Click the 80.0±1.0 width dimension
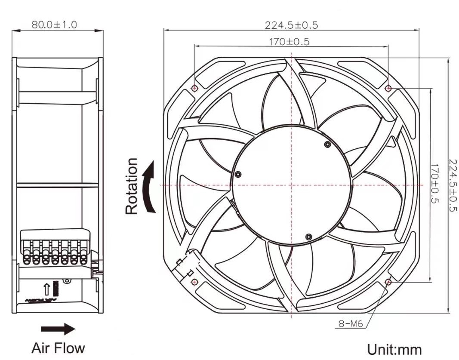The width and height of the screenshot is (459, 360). (54, 25)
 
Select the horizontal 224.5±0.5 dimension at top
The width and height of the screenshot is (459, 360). (291, 25)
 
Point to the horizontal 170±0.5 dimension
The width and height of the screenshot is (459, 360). (289, 42)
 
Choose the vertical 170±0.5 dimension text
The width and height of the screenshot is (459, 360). (435, 184)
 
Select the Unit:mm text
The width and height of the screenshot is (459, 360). (394, 349)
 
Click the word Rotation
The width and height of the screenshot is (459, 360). (132, 186)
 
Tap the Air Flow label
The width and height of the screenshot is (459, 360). (58, 348)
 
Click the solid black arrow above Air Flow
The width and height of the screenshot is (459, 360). (58, 329)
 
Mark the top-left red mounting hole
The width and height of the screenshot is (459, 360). (194, 89)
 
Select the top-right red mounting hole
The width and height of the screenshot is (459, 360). (388, 89)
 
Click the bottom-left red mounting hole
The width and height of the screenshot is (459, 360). (194, 282)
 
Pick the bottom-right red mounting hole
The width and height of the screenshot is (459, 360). (388, 282)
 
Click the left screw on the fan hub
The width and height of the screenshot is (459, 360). (238, 174)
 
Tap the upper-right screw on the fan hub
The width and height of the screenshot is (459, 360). (327, 144)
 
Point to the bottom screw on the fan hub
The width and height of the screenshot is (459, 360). (308, 237)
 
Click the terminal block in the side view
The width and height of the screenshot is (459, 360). (55, 248)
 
